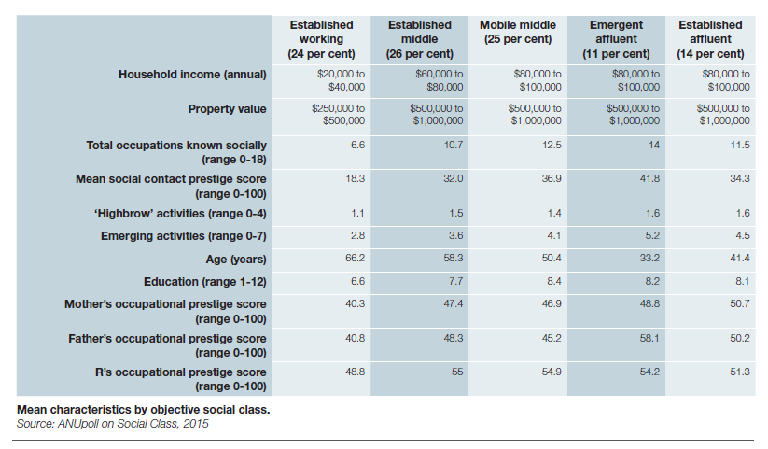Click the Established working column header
[321, 39]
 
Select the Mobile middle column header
[517, 32]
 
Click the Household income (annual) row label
[192, 74]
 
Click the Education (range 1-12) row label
[204, 281]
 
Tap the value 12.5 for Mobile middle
[552, 145]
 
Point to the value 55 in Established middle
[456, 372]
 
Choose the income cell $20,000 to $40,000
[341, 79]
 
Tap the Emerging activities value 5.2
[651, 235]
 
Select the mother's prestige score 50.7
[739, 304]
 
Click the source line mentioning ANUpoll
[112, 424]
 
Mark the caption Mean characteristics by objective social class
[143, 410]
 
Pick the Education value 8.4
[552, 281]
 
